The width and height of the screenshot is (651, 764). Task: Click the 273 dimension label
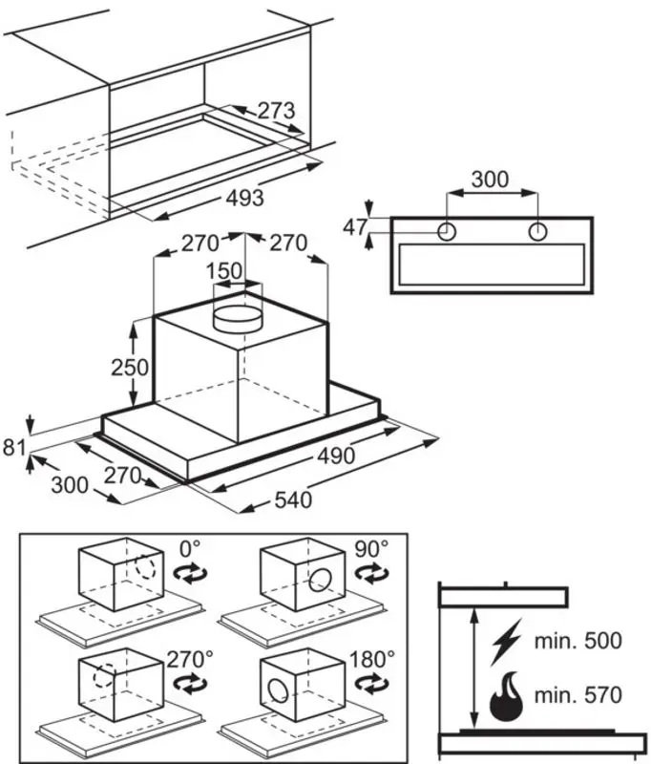point(276,111)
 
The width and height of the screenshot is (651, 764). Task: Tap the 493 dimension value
point(245,198)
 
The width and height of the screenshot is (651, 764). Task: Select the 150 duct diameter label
point(224,271)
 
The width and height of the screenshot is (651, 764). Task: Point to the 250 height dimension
point(130,368)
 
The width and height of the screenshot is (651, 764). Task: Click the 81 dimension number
point(14,447)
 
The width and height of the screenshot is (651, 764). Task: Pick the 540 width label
point(293,499)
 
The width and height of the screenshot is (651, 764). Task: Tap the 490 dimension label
point(336,456)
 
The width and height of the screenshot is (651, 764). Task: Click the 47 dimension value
point(355,227)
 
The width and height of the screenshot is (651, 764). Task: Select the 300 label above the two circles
point(491,180)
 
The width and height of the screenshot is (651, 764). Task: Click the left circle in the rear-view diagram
point(447,232)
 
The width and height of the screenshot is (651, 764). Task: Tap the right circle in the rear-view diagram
point(537,232)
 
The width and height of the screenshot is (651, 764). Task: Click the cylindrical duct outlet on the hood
point(238,319)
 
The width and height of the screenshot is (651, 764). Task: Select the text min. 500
point(577,640)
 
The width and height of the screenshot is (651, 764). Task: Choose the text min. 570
point(577,695)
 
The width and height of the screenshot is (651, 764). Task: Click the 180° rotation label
point(372,659)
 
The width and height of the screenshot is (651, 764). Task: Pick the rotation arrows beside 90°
point(371,573)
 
